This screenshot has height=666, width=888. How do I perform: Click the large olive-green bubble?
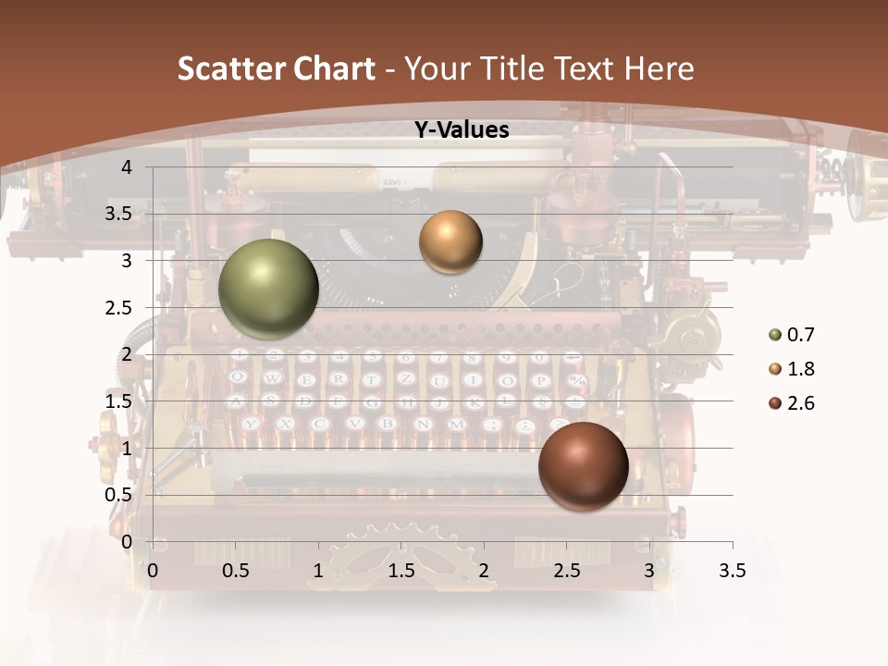pos(268,290)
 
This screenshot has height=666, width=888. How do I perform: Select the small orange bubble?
pos(450,241)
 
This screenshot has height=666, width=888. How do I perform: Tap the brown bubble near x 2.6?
pos(583,466)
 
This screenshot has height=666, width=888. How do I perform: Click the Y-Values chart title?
pos(461,130)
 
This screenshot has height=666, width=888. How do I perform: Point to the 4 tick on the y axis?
pos(127,167)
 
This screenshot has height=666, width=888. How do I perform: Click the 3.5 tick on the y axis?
pos(118,215)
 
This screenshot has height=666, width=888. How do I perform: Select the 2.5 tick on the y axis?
pos(118,308)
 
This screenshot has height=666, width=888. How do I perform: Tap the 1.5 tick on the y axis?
pos(118,401)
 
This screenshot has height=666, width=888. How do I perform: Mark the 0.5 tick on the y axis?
pos(118,495)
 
